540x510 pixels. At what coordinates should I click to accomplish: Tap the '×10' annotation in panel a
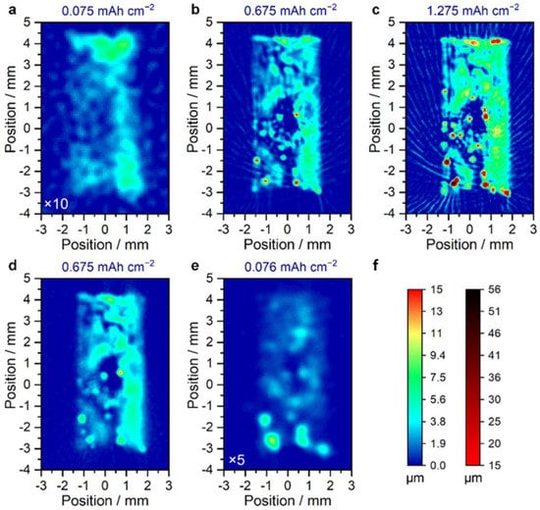(x=55, y=203)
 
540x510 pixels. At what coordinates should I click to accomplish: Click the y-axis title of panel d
(x=9, y=374)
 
